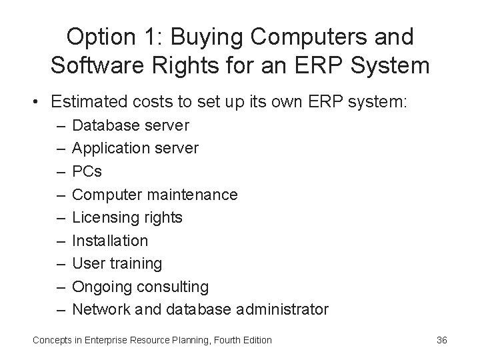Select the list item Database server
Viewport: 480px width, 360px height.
click(x=131, y=125)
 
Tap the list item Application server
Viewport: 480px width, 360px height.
click(x=135, y=148)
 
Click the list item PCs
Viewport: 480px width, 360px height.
click(x=87, y=171)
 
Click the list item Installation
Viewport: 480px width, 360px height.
click(x=110, y=240)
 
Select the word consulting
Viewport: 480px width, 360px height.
click(x=172, y=287)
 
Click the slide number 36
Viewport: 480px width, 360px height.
click(x=441, y=341)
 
